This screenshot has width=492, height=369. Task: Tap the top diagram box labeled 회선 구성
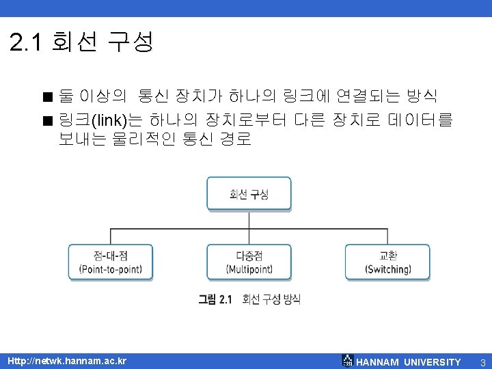pos(249,194)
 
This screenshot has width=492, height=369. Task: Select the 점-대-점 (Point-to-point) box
pos(110,262)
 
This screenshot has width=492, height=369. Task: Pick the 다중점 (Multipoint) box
pos(249,262)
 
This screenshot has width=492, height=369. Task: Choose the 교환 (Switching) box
pos(387,262)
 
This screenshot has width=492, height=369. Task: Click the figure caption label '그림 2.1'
pos(215,299)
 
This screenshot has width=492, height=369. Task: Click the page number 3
pos(482,361)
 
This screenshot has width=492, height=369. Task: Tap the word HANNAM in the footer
pos(378,361)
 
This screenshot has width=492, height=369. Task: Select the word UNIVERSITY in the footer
pos(433,361)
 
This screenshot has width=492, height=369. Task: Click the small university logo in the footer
pos(348,361)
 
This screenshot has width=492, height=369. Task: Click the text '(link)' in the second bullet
pos(109,122)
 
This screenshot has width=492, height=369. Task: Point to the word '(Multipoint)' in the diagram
pos(249,269)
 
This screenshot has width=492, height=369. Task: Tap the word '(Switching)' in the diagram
pos(387,269)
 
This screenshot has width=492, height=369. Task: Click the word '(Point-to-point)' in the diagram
pos(110,269)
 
